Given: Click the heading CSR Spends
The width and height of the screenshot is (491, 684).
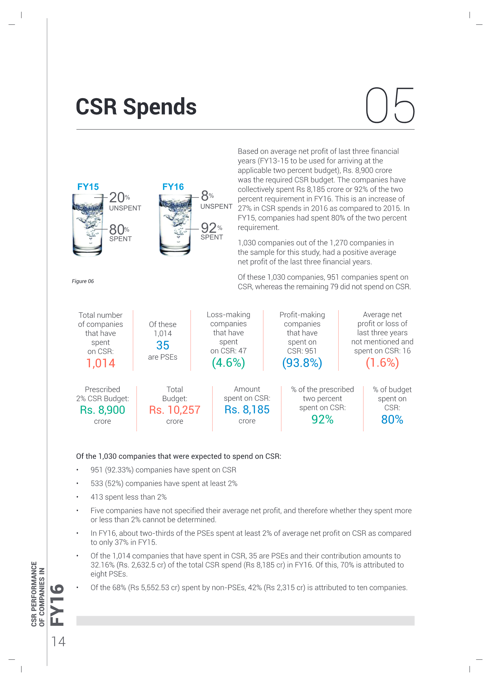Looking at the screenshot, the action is pyautogui.click(x=136, y=107).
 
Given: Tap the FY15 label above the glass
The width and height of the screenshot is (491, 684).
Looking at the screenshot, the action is pyautogui.click(x=88, y=187).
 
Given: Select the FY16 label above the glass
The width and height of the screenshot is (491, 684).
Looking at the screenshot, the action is pyautogui.click(x=173, y=187).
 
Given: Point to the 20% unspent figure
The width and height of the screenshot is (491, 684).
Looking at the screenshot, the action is pyautogui.click(x=120, y=197).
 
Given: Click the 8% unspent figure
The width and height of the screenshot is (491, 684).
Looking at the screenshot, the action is pyautogui.click(x=207, y=196).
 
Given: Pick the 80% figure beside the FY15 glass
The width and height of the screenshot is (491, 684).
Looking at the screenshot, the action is pyautogui.click(x=119, y=230).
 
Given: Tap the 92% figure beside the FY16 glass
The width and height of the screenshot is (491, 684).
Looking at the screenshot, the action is pyautogui.click(x=211, y=228).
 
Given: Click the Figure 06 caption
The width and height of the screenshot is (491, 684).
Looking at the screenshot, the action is pyautogui.click(x=83, y=281).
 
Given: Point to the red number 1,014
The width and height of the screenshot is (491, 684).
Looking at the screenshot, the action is pyautogui.click(x=101, y=363).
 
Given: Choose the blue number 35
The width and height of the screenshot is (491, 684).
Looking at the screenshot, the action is pyautogui.click(x=163, y=345).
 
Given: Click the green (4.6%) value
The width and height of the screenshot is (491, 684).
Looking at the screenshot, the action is pyautogui.click(x=228, y=363).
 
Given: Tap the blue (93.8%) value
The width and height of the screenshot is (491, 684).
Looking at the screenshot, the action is pyautogui.click(x=302, y=363).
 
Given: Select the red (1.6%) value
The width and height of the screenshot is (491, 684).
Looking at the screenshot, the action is pyautogui.click(x=382, y=363).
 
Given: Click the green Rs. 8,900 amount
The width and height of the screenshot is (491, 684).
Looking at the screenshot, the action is pyautogui.click(x=103, y=410).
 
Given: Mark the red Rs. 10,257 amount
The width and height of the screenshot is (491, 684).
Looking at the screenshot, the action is pyautogui.click(x=175, y=410).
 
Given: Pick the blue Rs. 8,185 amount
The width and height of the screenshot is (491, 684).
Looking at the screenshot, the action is pyautogui.click(x=247, y=410).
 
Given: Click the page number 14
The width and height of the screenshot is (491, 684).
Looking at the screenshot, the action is pyautogui.click(x=58, y=642).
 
